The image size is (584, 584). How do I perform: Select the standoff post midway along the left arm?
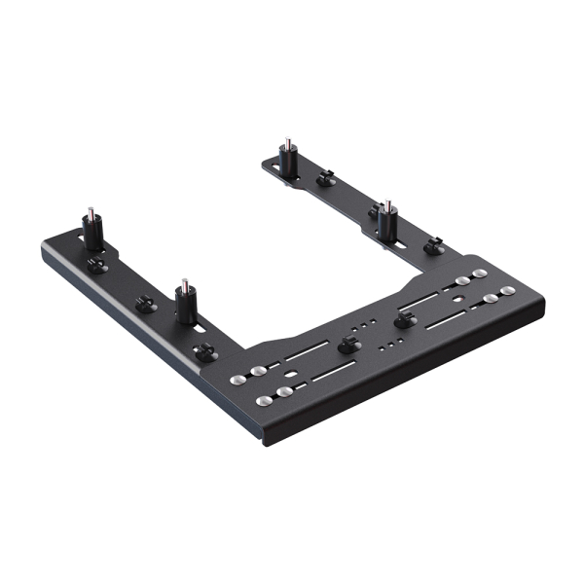184,302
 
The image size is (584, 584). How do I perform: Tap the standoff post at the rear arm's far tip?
287,160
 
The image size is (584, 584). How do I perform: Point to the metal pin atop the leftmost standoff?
90,214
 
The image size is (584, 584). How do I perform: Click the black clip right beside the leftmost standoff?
96,265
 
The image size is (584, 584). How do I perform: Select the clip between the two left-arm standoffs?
145,304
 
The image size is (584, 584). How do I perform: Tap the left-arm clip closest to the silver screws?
205,351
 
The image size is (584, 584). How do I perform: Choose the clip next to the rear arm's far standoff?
326,178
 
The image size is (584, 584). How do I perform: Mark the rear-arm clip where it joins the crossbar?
434,246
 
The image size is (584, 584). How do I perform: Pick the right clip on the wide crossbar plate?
401,320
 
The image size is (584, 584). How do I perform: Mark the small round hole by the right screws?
453,287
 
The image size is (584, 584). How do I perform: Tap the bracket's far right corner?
543,310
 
